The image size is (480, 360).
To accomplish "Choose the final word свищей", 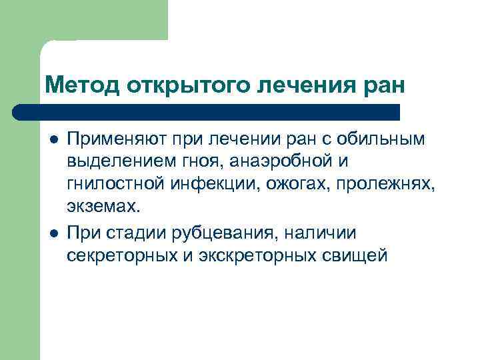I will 353,254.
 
